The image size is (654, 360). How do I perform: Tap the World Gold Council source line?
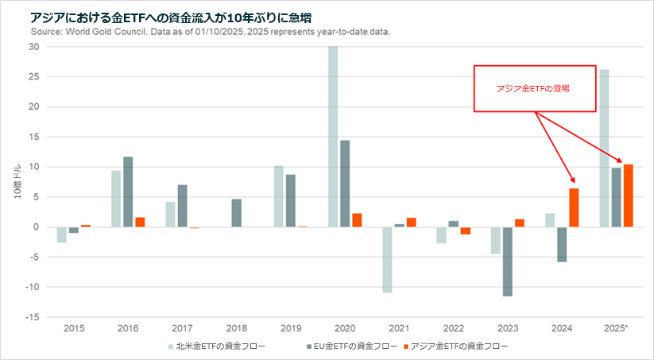click(210, 32)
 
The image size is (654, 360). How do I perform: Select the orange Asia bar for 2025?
click(628, 195)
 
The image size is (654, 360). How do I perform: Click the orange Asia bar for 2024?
click(574, 207)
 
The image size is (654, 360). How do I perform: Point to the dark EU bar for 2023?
click(507, 261)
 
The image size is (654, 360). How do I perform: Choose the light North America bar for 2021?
click(387, 260)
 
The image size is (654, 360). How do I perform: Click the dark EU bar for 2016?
click(128, 192)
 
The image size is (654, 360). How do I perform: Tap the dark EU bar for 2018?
click(237, 213)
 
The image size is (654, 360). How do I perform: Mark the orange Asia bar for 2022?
click(466, 230)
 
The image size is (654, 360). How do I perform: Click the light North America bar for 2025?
click(604, 148)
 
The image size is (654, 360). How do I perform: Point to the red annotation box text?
click(533, 88)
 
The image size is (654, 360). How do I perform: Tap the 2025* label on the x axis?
click(617, 327)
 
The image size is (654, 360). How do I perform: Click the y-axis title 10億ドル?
click(17, 182)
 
